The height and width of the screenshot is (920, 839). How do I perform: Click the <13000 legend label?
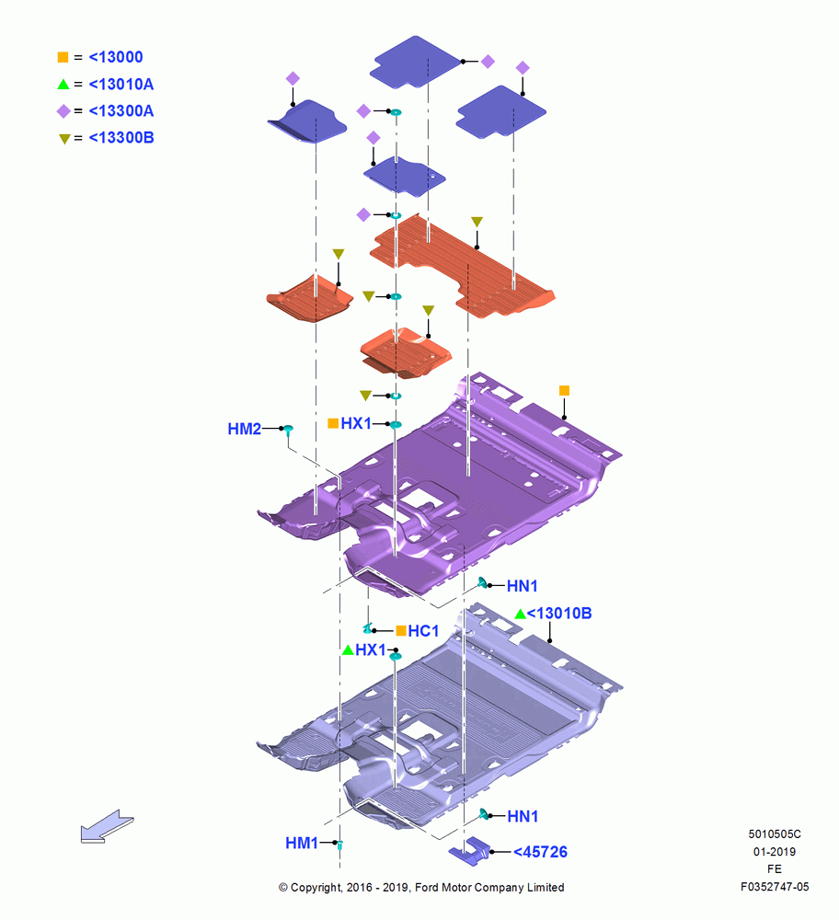tap(116, 57)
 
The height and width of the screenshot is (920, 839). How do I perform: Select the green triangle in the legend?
tap(63, 85)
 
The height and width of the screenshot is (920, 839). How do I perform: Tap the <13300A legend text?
tap(121, 111)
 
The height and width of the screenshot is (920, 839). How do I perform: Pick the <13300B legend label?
tap(121, 138)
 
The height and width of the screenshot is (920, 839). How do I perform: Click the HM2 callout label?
tap(244, 429)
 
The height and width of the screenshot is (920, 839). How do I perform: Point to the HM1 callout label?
tap(302, 843)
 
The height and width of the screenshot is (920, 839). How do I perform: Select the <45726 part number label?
tap(540, 852)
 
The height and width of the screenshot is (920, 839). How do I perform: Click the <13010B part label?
tap(559, 613)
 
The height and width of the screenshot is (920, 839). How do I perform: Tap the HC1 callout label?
tap(423, 631)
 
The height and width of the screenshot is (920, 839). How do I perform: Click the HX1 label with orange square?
tap(356, 423)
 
